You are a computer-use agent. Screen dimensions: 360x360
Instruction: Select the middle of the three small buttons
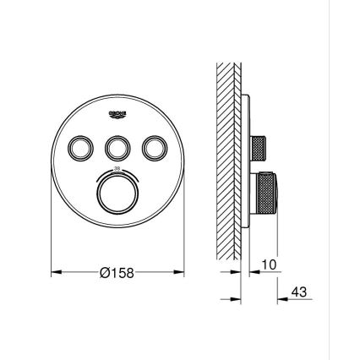(118, 148)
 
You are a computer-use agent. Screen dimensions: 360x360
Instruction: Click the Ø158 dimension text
(118, 273)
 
